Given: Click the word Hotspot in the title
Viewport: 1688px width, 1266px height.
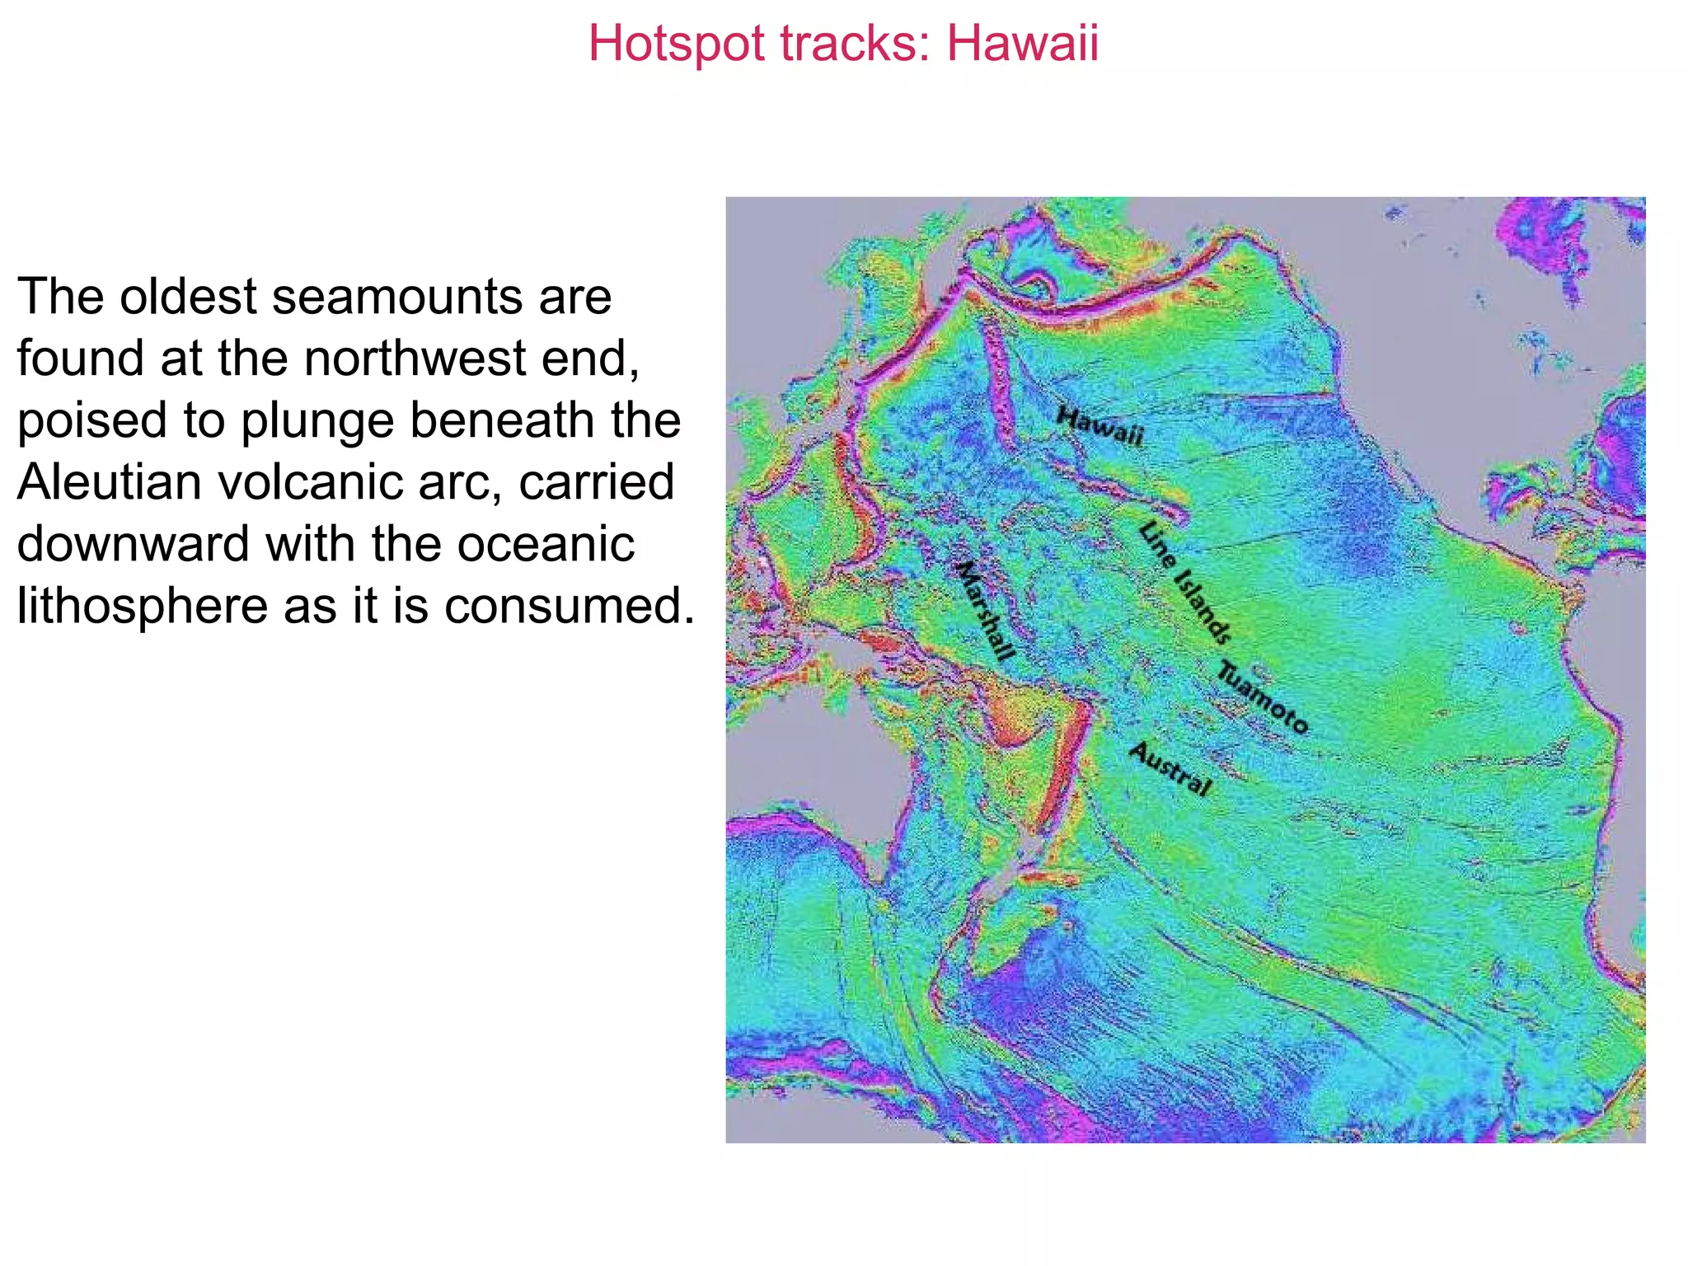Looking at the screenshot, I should click(x=676, y=43).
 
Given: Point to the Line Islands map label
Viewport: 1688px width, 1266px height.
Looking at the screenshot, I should click(x=1185, y=582).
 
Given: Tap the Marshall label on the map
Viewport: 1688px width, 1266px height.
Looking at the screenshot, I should click(x=984, y=610).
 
